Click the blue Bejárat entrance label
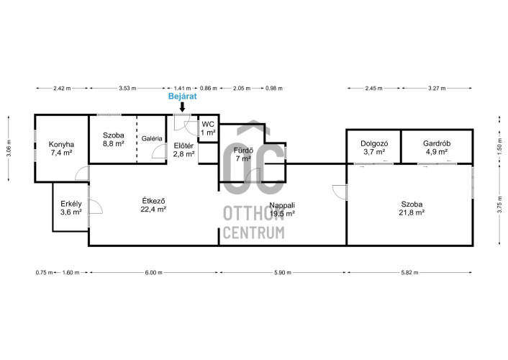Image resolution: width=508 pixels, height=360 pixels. pos(182,96)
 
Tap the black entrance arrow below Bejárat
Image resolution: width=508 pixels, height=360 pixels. pos(182,107)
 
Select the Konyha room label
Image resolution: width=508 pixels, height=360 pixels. pos(61,148)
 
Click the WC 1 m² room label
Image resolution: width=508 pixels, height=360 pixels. pos(208,128)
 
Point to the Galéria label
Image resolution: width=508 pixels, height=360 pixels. pos(152,138)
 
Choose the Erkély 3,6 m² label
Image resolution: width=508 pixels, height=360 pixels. pos(71,208)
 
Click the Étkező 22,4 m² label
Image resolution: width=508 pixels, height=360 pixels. pos(153,205)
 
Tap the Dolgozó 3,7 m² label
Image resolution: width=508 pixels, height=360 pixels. pos(374,148)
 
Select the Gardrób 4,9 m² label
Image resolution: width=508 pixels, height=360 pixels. pos(437,148)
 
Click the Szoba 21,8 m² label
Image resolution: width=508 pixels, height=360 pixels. pos(412,208)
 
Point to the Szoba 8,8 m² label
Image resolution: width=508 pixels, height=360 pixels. pos(114,140)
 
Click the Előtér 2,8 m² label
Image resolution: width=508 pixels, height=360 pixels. pos(183,150)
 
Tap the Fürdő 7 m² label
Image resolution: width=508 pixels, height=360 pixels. pos(243,154)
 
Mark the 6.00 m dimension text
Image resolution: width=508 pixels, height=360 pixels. pos(153,273)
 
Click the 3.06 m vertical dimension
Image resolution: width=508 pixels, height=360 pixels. pos(9,148)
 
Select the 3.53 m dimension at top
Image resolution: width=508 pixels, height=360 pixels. pos(127,89)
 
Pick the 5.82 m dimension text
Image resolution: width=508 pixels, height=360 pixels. pos(409,273)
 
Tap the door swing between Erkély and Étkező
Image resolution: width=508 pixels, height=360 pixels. pos(96,206)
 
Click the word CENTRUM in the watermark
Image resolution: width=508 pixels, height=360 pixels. pos(254,233)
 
